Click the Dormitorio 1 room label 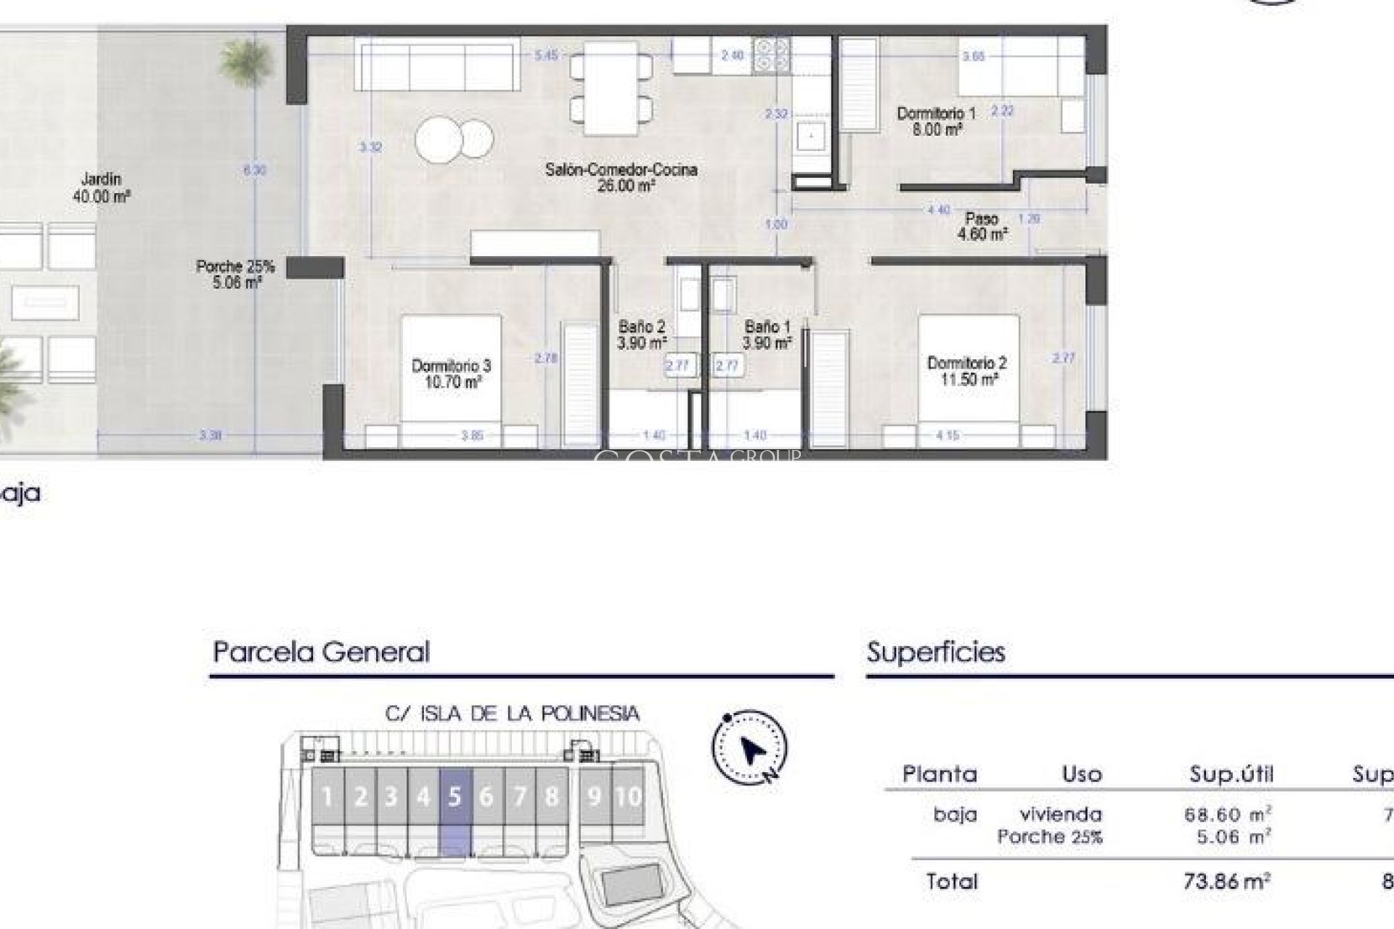coord(937,121)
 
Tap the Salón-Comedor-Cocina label coord(621,177)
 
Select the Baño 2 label coord(641,335)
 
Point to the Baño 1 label coord(767,335)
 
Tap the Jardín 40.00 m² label coord(101,187)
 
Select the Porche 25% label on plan coord(235,274)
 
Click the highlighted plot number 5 coord(455,797)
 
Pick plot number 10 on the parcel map coord(628,797)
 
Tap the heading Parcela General coord(321,652)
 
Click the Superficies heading coord(936,652)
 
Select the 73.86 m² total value coord(1226,882)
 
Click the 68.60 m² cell coord(1227,814)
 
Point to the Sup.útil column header coord(1231,774)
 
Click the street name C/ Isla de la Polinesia coord(512,714)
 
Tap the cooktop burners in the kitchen coord(771,55)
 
